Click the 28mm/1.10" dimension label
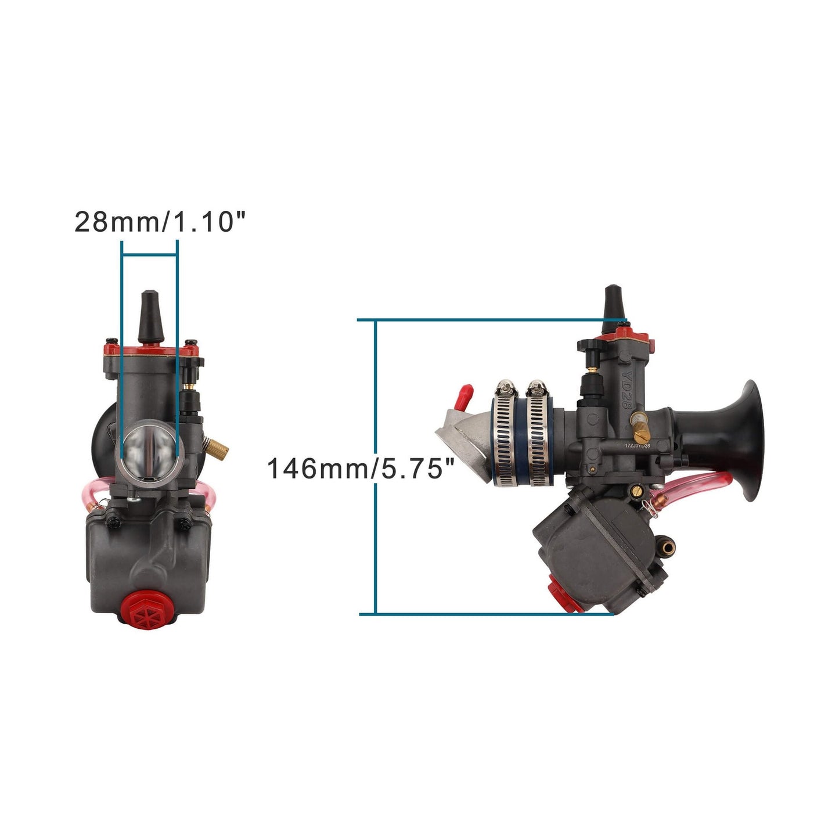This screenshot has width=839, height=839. click(160, 221)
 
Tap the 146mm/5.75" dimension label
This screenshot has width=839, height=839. click(360, 468)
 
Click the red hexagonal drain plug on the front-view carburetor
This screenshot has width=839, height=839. click(147, 609)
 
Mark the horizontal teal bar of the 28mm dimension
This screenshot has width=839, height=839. click(150, 254)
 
